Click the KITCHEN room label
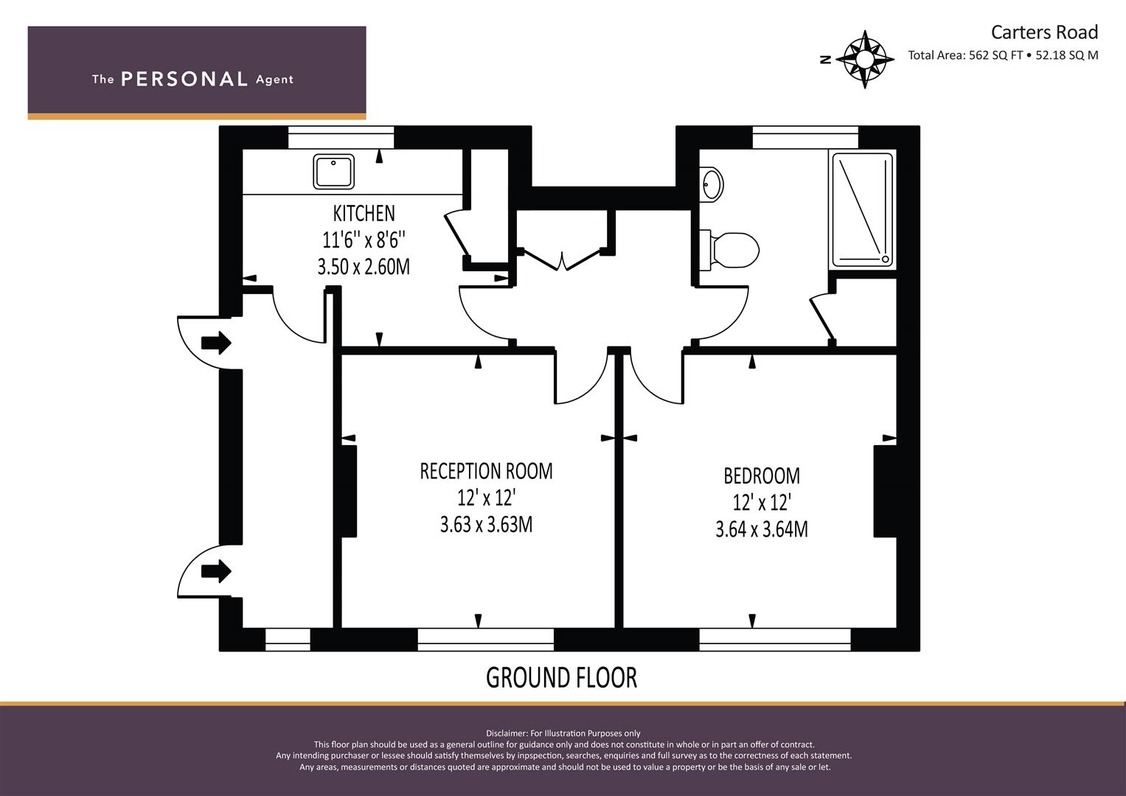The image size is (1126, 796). point(364,214)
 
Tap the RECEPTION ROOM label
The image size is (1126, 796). point(486,472)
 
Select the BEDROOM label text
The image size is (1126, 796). point(762,476)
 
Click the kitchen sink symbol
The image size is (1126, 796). point(333,171)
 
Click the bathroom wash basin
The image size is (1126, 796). point(711,184)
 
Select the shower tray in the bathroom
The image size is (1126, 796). point(862,210)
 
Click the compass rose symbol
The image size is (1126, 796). point(864,59)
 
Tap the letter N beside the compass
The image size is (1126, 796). point(825,60)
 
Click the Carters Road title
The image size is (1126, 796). point(1044,32)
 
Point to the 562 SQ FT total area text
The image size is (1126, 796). point(995,55)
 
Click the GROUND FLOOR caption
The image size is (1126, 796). point(561,677)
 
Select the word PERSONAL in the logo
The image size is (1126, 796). point(184,80)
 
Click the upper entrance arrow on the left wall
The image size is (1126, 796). point(216,343)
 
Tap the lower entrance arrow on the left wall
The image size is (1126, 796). point(216,571)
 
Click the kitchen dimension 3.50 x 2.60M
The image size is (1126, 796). point(364,267)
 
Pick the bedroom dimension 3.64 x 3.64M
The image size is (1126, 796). point(762,529)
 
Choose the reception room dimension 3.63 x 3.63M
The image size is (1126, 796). point(486,525)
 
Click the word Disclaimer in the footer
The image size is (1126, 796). point(507,733)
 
